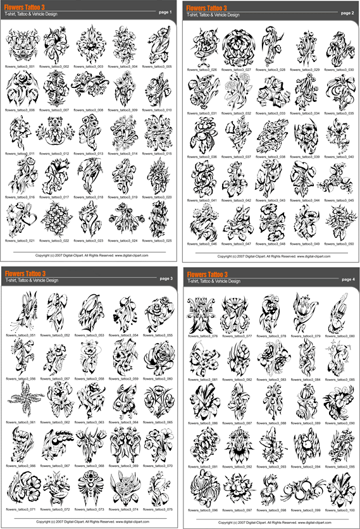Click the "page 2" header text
click(x=347, y=13)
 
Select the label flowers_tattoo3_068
click(x=90, y=466)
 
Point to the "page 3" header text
click(x=166, y=278)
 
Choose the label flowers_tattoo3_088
click(x=271, y=423)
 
